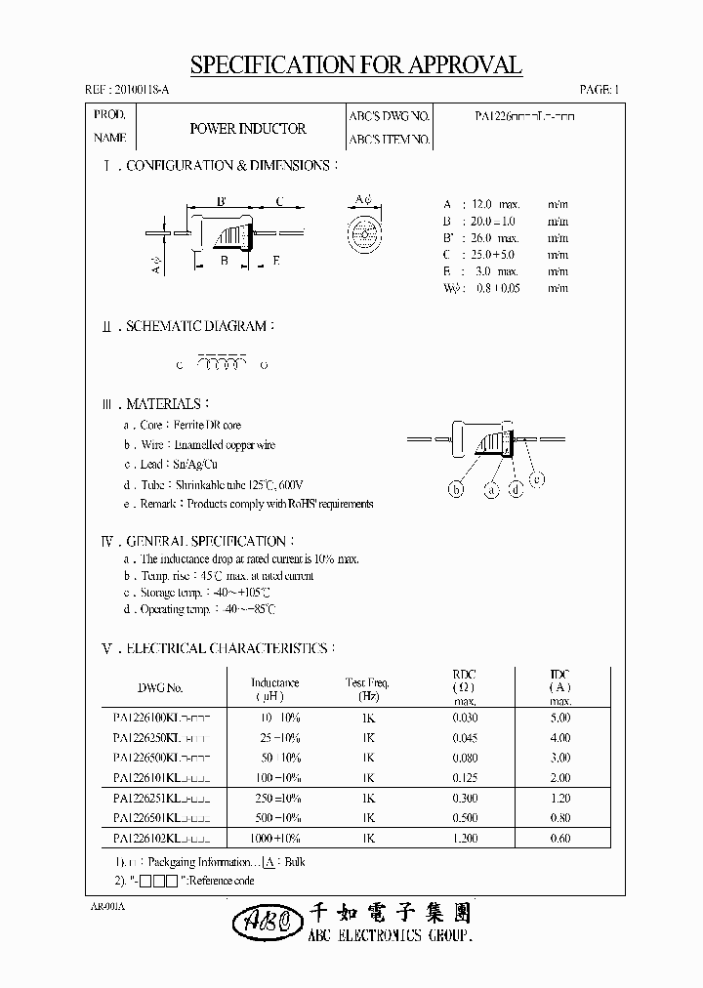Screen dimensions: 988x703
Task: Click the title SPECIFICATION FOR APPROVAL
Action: pyautogui.click(x=355, y=65)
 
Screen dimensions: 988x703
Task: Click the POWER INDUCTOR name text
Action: pyautogui.click(x=247, y=129)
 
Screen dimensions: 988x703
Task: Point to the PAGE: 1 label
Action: pyautogui.click(x=599, y=90)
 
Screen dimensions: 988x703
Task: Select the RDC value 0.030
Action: pyautogui.click(x=464, y=718)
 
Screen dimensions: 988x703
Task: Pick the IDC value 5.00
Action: pyautogui.click(x=559, y=718)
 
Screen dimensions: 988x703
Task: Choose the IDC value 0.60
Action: pyautogui.click(x=559, y=839)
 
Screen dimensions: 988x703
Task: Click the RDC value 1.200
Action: pyautogui.click(x=464, y=839)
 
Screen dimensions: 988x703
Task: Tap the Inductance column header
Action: pyautogui.click(x=274, y=689)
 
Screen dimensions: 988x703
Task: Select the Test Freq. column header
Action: pyautogui.click(x=368, y=689)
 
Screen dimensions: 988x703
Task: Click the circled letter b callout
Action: pyautogui.click(x=456, y=491)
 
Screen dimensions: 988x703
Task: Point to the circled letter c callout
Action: pyautogui.click(x=537, y=477)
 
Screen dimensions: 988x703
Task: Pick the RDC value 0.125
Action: pyautogui.click(x=464, y=778)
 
